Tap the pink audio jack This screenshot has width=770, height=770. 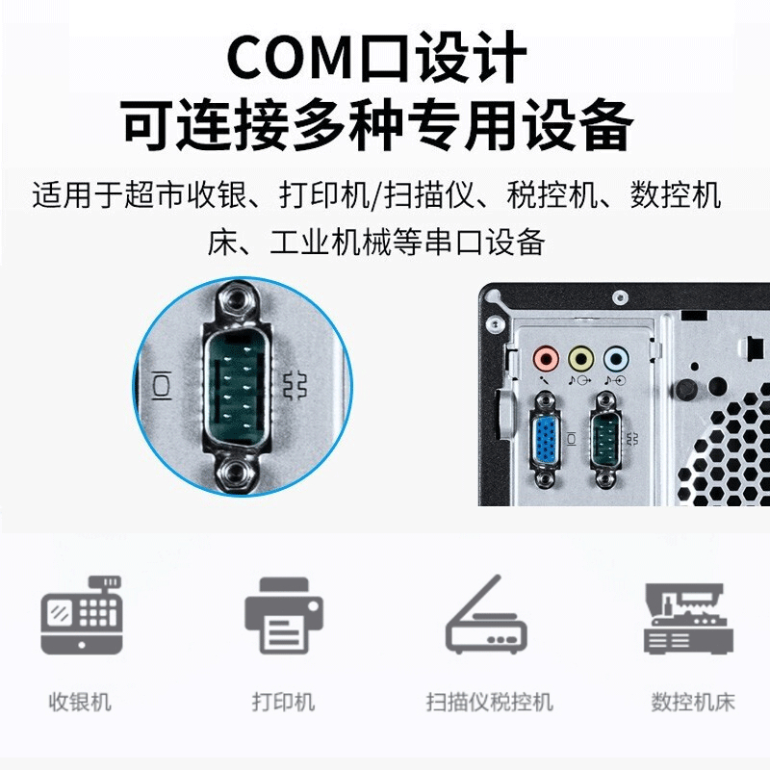[x=546, y=359]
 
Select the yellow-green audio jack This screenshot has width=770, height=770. [x=580, y=359]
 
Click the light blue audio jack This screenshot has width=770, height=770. [x=615, y=359]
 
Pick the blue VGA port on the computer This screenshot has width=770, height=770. [x=546, y=440]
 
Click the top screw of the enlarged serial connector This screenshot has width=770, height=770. [x=238, y=299]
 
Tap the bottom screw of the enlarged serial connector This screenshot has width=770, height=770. [x=237, y=473]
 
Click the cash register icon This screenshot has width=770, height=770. [x=82, y=616]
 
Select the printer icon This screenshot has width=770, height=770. [x=284, y=616]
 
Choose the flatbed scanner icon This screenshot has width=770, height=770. [x=486, y=615]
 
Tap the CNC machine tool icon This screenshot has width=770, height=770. [x=688, y=619]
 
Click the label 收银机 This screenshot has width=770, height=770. [x=80, y=702]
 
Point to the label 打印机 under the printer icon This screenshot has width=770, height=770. [x=283, y=702]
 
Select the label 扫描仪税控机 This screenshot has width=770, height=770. [x=490, y=702]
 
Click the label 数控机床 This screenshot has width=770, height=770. [x=693, y=702]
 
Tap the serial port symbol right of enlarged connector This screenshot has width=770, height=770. [x=295, y=386]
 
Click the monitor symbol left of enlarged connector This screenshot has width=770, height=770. [x=161, y=386]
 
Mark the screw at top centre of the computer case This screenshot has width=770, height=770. [x=620, y=297]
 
